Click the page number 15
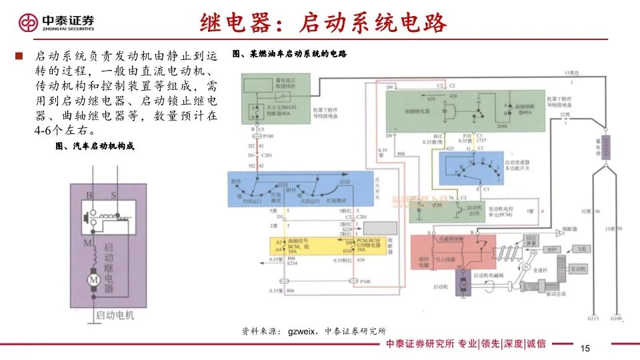586,349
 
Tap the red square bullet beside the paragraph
19,56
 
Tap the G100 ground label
616,319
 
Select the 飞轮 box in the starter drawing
581,249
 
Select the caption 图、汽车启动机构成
95,146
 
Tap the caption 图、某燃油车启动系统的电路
290,53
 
